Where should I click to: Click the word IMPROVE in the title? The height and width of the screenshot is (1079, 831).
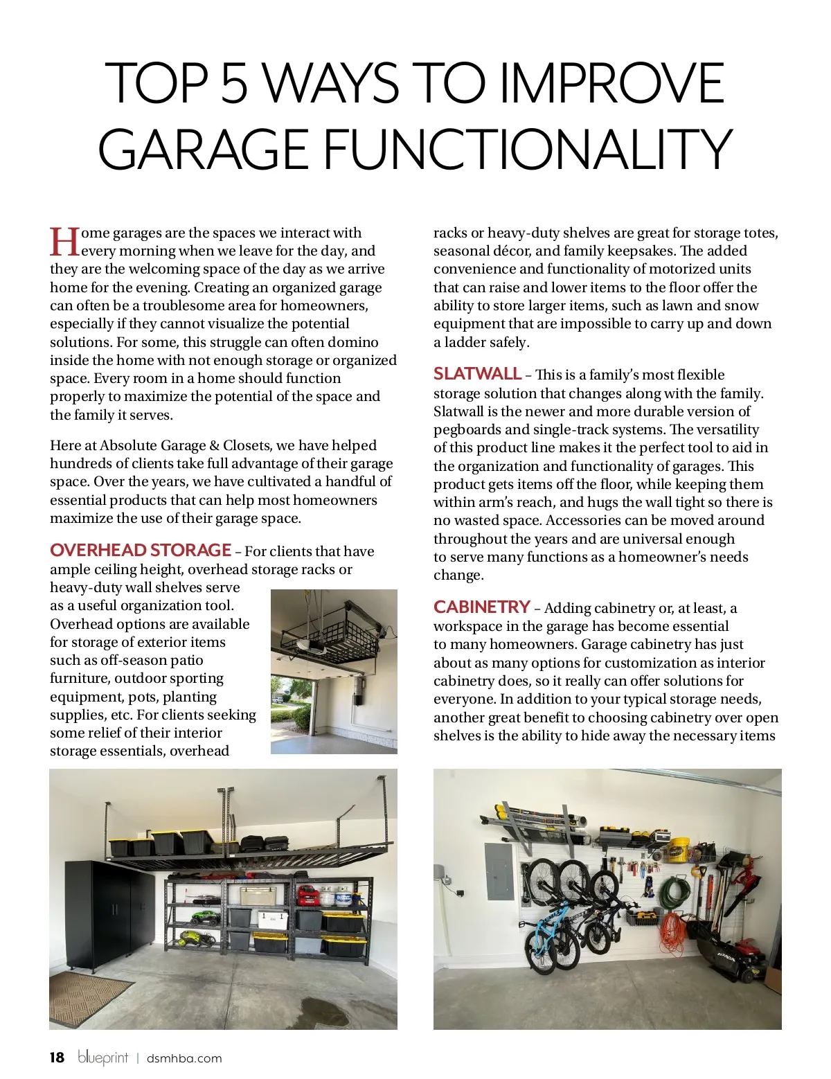[612, 83]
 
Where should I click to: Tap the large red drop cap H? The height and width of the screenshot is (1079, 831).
[64, 242]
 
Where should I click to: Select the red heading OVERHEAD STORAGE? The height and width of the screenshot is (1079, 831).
[141, 551]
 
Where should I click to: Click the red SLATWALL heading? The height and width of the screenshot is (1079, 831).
[477, 374]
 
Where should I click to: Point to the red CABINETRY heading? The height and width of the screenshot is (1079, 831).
[481, 607]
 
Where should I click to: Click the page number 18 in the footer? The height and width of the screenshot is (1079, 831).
[57, 1058]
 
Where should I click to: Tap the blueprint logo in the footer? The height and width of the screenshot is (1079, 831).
[103, 1058]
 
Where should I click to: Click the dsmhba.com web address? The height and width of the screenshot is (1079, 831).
[184, 1058]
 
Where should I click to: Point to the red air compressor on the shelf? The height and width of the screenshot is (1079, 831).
[309, 895]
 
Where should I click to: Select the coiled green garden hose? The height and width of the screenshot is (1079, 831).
[670, 893]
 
